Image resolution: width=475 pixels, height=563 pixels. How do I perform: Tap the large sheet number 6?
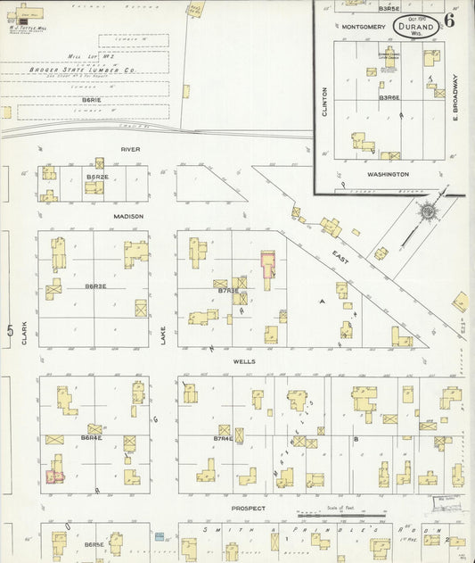[x=448, y=21]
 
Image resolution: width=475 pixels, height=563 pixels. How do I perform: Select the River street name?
[x=132, y=149]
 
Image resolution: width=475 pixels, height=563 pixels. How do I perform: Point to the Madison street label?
[x=128, y=216]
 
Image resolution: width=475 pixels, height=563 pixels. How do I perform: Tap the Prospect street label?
[x=249, y=508]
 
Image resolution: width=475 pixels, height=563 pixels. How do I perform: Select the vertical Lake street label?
[x=163, y=335]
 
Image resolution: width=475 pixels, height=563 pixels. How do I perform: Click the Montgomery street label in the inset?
[x=363, y=27]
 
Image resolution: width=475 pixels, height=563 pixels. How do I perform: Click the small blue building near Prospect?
[x=160, y=536]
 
